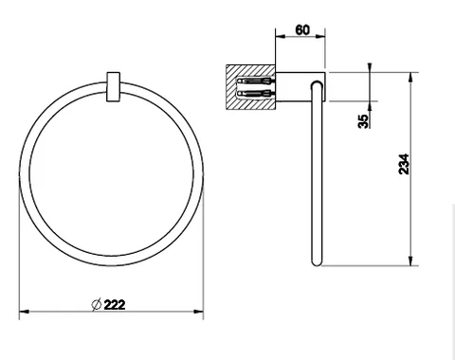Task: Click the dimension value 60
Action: click(302, 30)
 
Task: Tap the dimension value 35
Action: click(363, 121)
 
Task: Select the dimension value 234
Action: click(404, 164)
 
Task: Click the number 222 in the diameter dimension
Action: click(115, 305)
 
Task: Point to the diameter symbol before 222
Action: click(97, 304)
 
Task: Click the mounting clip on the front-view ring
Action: click(113, 87)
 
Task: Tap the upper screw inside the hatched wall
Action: click(254, 81)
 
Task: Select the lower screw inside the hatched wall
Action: click(254, 94)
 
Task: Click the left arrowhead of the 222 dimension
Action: click(24, 312)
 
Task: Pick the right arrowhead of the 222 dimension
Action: click(199, 312)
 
